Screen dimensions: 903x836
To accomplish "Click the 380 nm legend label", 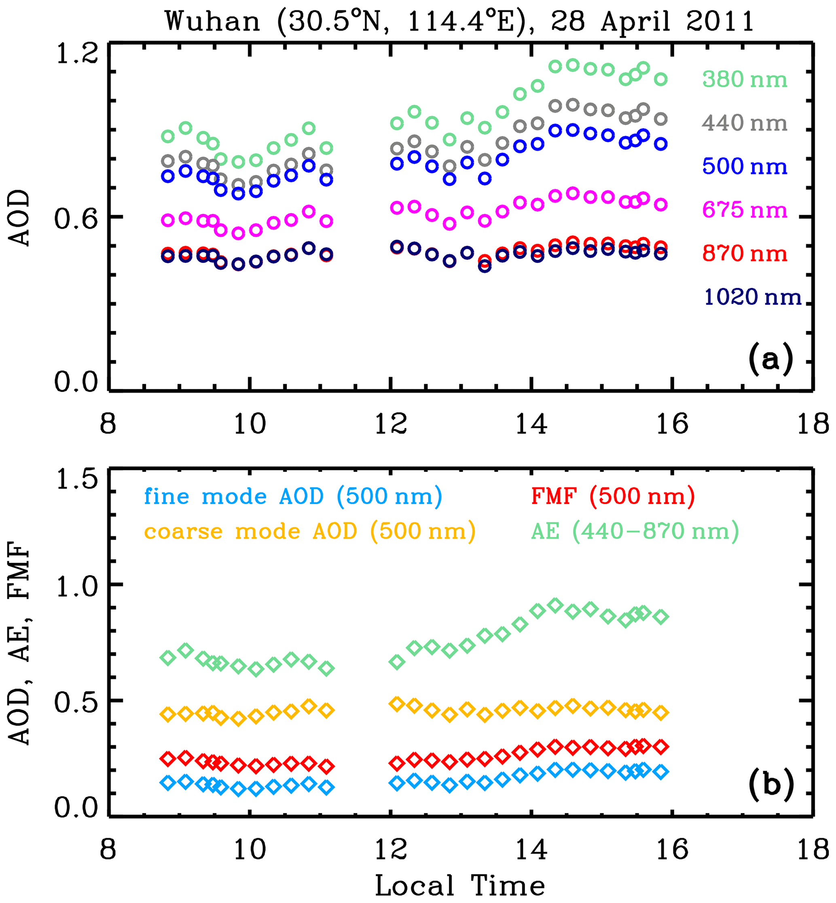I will click(x=744, y=80).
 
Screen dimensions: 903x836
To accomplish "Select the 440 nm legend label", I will click(x=744, y=123).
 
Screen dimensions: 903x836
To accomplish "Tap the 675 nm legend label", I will click(x=744, y=210).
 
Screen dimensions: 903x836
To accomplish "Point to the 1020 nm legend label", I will click(x=753, y=297).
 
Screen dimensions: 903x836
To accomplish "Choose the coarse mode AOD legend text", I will click(x=310, y=531).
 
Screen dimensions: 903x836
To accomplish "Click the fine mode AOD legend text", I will click(x=293, y=496).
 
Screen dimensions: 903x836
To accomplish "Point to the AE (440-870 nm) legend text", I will click(x=635, y=531).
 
